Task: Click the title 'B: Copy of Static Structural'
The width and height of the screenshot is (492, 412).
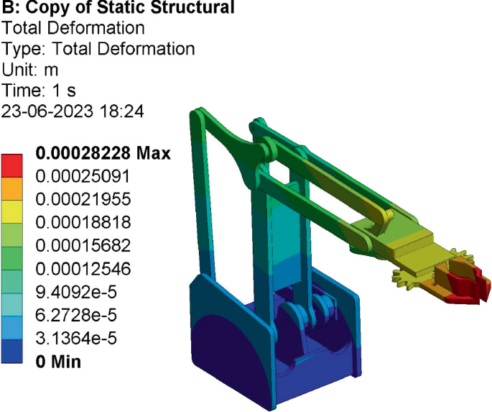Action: pyautogui.click(x=119, y=9)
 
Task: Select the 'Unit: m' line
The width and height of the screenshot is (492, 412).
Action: pyautogui.click(x=30, y=70)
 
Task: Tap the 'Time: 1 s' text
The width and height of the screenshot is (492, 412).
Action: pyautogui.click(x=40, y=91)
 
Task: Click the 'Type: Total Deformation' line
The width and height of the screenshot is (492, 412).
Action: pyautogui.click(x=98, y=50)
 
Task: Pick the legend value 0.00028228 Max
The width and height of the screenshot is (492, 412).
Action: pyautogui.click(x=103, y=153)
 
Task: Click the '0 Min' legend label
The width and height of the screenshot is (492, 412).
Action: pyautogui.click(x=58, y=361)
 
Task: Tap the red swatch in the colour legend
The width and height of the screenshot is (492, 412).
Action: pyautogui.click(x=15, y=165)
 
